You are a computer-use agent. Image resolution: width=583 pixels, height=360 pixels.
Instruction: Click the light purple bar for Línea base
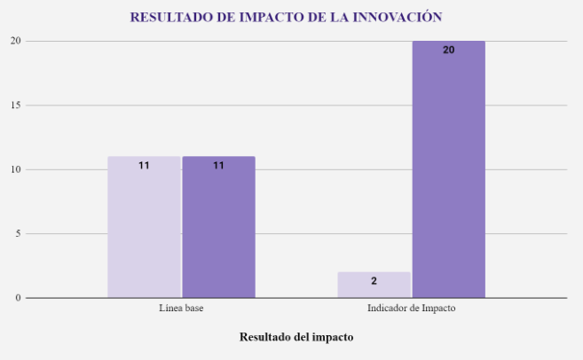(x=144, y=227)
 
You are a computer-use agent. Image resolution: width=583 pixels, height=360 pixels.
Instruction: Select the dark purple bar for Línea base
(x=218, y=227)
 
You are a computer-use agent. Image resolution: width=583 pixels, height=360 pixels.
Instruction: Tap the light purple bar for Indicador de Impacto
(x=374, y=285)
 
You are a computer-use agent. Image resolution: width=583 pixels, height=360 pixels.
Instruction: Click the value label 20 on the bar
(x=448, y=51)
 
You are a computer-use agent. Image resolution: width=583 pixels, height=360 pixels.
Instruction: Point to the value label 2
(x=374, y=281)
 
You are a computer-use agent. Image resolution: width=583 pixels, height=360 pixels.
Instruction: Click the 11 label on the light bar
(x=144, y=166)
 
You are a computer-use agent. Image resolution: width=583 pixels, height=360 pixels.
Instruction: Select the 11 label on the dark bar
(x=218, y=166)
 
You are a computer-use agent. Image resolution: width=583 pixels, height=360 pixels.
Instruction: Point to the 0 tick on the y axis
(x=17, y=298)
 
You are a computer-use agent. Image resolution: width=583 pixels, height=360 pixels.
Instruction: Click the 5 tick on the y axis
(x=17, y=234)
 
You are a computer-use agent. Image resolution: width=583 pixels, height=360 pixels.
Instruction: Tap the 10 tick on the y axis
(x=15, y=169)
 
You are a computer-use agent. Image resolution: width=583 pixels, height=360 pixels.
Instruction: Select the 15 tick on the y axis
(x=15, y=106)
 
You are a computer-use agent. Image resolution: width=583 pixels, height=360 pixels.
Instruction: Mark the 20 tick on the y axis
(x=15, y=41)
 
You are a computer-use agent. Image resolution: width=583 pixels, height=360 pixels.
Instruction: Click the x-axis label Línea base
(x=181, y=309)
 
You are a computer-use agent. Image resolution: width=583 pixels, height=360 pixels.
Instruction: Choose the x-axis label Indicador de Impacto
(x=411, y=309)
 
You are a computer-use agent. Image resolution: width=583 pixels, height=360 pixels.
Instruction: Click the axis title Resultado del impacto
(x=296, y=337)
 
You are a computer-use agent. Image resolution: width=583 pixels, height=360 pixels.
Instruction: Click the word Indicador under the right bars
(x=388, y=309)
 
